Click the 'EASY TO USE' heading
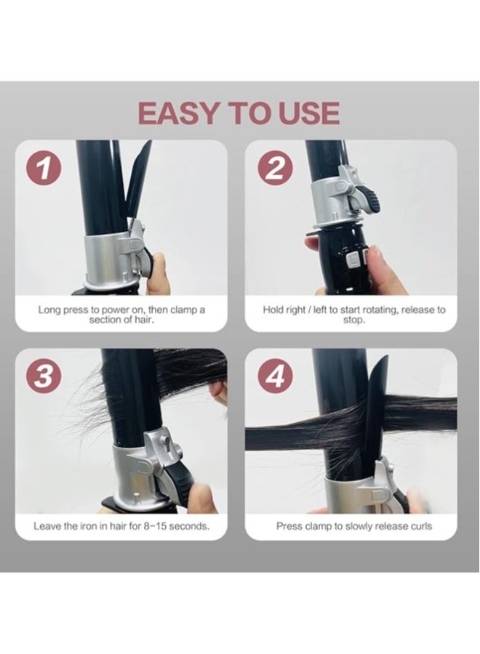pos(239,113)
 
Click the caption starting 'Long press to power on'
pos(121,315)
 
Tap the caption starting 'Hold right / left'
pos(354,315)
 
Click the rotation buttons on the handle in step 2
pos(353,261)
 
